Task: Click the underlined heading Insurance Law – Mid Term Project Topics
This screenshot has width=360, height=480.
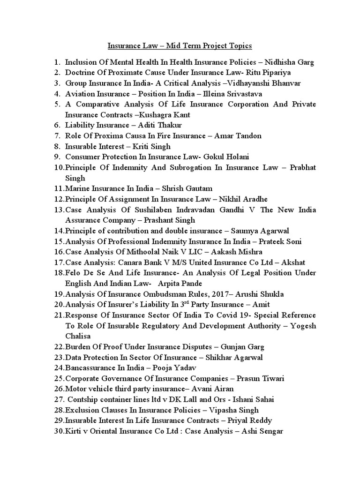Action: coord(180,46)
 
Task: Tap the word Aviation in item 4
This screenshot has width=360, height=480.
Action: coord(79,94)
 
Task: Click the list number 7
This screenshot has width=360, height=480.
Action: coord(57,136)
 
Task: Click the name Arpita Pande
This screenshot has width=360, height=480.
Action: coord(178,284)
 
